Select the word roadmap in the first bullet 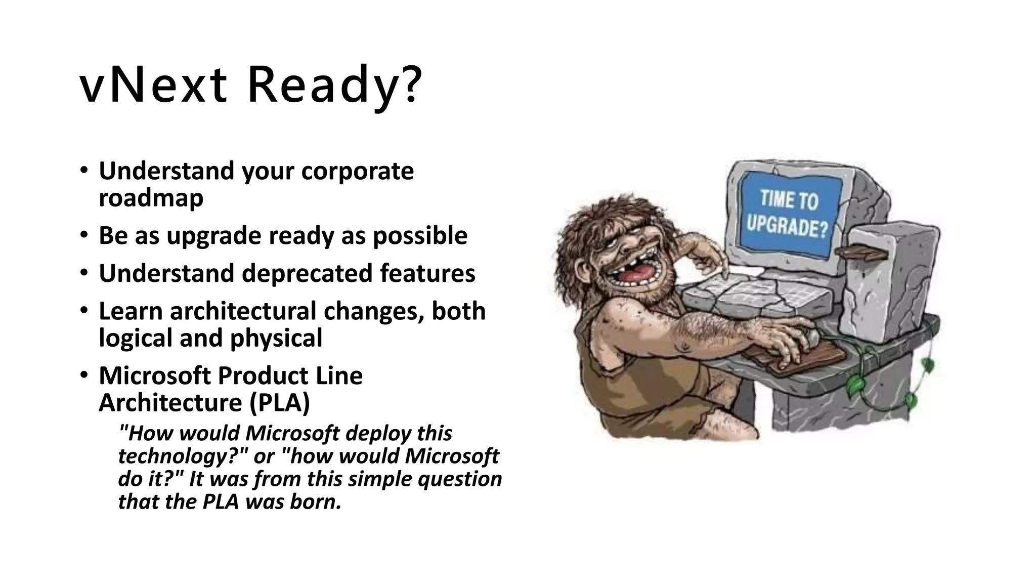pyautogui.click(x=151, y=198)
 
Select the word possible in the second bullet pyautogui.click(x=419, y=236)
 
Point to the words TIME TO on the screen pyautogui.click(x=789, y=198)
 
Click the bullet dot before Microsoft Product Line pyautogui.click(x=84, y=376)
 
